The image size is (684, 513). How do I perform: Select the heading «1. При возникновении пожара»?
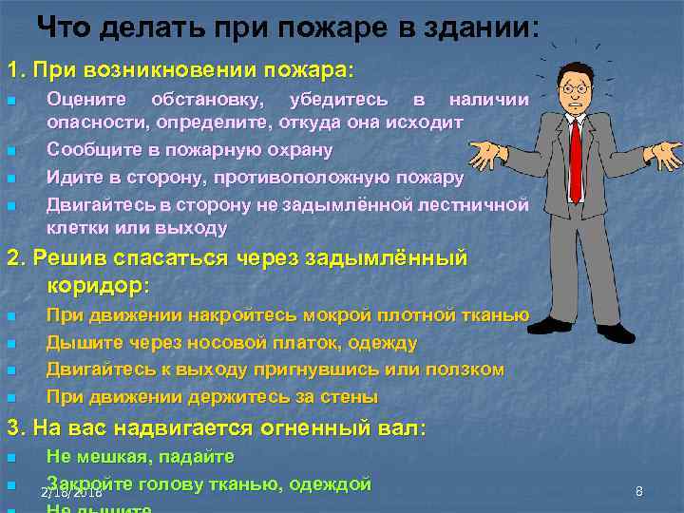[180, 71]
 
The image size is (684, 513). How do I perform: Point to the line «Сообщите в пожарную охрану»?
[190, 150]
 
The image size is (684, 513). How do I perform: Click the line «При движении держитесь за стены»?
[212, 395]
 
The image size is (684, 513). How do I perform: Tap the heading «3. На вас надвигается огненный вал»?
[217, 428]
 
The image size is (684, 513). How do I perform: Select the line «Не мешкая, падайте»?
[140, 457]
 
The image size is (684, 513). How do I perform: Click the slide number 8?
[638, 491]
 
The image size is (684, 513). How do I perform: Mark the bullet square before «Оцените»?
[11, 101]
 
